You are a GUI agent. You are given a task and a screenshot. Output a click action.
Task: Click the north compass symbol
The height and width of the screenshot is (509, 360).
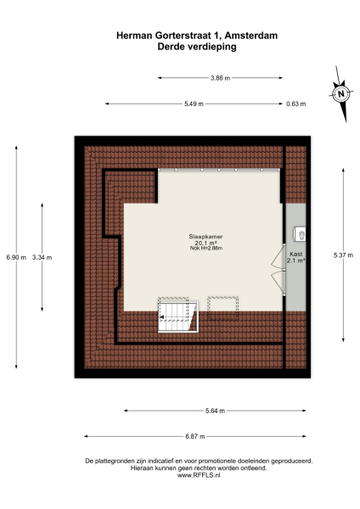pos(340,94)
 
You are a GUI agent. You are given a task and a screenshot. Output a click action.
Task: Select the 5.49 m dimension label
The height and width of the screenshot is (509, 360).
pos(194,103)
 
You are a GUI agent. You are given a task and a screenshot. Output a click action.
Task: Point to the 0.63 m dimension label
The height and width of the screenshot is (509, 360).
pos(295,103)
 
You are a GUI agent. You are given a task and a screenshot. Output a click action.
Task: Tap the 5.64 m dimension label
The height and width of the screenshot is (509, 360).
pos(216,411)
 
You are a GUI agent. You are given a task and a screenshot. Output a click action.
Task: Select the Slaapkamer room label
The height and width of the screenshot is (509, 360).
pos(205,236)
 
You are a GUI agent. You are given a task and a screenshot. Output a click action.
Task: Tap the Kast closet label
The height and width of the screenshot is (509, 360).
pos(296,254)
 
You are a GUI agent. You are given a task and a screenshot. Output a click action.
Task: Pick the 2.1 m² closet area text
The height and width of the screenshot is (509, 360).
pos(296,260)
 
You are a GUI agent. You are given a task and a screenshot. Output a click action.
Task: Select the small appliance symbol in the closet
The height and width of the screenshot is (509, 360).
pos(300,232)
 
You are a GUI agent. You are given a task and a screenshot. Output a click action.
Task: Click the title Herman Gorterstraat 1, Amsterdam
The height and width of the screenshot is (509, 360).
pos(196,36)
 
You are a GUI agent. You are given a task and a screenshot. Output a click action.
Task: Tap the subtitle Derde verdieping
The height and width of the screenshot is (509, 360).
pos(196,48)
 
